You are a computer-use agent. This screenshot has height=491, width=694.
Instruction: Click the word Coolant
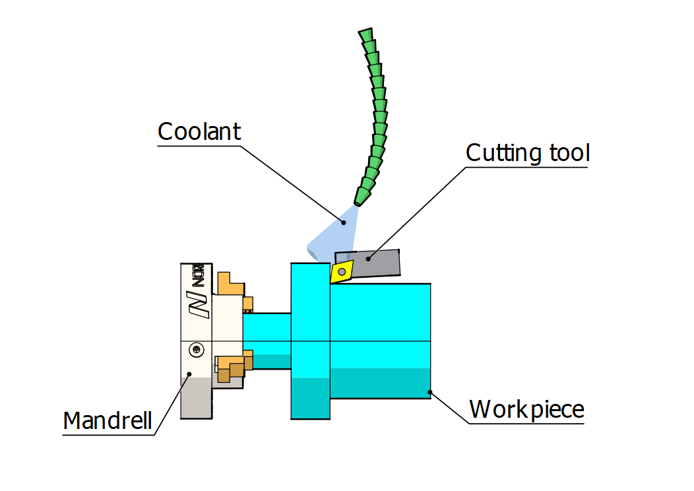[x=199, y=131]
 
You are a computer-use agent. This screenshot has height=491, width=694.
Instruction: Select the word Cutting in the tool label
[x=504, y=152]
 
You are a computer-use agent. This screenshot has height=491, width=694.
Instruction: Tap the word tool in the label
[x=569, y=152]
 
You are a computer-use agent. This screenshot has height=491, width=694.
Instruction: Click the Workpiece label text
[x=526, y=409]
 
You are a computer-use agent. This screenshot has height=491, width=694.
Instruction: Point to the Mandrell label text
[x=108, y=420]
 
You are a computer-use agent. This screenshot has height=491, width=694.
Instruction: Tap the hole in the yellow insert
[x=342, y=271]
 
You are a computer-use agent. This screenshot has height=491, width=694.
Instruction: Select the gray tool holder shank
[x=383, y=262]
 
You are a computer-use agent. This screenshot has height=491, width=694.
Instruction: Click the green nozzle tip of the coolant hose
[x=362, y=196]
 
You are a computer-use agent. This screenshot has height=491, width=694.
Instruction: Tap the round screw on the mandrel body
[x=197, y=348]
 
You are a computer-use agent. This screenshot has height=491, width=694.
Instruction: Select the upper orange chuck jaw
[x=232, y=284]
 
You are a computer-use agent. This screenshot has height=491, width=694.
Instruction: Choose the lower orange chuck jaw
[x=232, y=366]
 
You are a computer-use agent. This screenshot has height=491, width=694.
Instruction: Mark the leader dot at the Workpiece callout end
[x=430, y=392]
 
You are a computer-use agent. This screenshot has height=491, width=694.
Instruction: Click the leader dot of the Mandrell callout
[x=189, y=374]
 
